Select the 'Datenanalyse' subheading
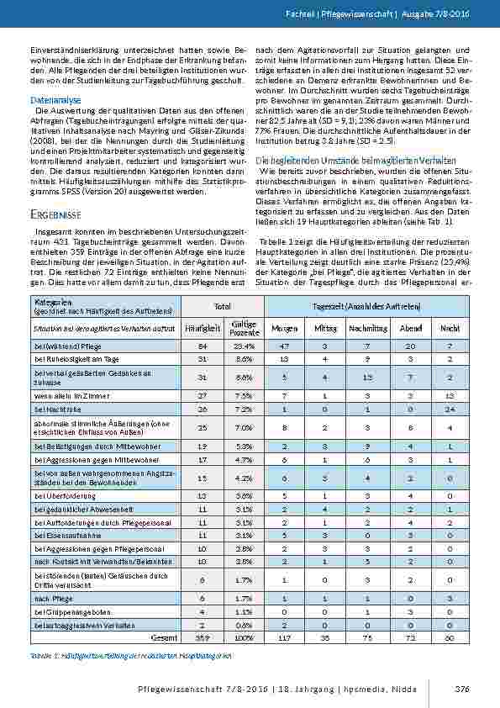pos(53,99)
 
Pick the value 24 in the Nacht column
pos(450,408)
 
